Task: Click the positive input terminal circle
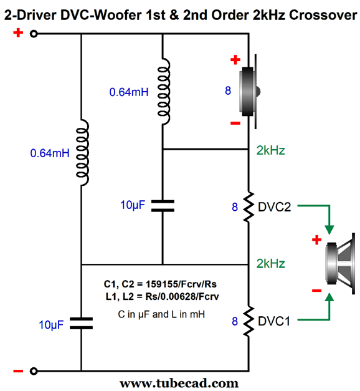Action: pyautogui.click(x=34, y=34)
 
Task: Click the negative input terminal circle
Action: pyautogui.click(x=34, y=371)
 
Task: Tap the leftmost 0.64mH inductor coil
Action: pyautogui.click(x=82, y=153)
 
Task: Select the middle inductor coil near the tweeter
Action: pyautogui.click(x=164, y=92)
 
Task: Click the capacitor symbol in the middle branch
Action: pyautogui.click(x=163, y=206)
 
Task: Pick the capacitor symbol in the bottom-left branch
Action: pyautogui.click(x=81, y=324)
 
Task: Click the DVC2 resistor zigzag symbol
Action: pyautogui.click(x=249, y=207)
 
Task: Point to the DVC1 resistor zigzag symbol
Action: pyautogui.click(x=249, y=321)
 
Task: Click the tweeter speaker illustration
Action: pyautogui.click(x=250, y=92)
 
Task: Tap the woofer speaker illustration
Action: pyautogui.click(x=341, y=264)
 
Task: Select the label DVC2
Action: pyautogui.click(x=274, y=207)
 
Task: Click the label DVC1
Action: pyautogui.click(x=274, y=321)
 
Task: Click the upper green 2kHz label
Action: pyautogui.click(x=270, y=150)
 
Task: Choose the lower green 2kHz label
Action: pyautogui.click(x=270, y=264)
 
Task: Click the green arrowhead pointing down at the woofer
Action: pyautogui.click(x=329, y=229)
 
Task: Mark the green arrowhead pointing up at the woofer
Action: pyautogui.click(x=329, y=297)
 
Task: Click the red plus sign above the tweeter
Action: pyautogui.click(x=235, y=60)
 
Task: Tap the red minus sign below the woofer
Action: pyautogui.click(x=316, y=290)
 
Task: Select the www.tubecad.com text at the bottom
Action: pyautogui.click(x=179, y=384)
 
